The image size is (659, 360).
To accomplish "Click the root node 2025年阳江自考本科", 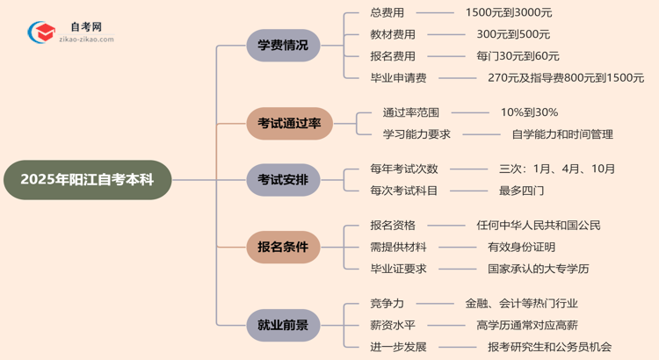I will (86, 180).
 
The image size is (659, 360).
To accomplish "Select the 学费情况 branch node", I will (283, 45).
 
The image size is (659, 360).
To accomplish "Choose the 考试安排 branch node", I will (283, 180).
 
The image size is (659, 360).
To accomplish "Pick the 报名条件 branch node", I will (283, 247).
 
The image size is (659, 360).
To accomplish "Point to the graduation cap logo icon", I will (39, 33).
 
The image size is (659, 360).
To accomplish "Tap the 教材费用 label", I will (393, 34).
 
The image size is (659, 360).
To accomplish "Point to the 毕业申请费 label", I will (398, 78).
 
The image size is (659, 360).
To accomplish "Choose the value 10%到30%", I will (529, 112).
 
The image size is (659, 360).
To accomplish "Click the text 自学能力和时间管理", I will (562, 134).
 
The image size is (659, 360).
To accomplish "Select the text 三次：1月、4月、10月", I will (557, 169).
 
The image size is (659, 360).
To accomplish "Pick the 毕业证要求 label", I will (398, 269).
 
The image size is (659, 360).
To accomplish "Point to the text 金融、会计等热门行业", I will (521, 303).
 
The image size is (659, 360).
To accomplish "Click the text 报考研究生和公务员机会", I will (549, 347).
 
